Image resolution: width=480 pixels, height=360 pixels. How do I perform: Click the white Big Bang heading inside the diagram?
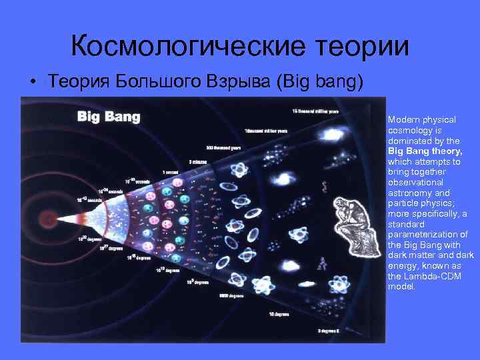pos(109,118)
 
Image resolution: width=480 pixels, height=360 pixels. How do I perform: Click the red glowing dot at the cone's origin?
pos(47,218)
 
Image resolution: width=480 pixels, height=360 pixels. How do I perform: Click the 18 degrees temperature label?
pos(277,313)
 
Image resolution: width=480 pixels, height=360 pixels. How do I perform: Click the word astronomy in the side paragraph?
pos(407,193)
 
